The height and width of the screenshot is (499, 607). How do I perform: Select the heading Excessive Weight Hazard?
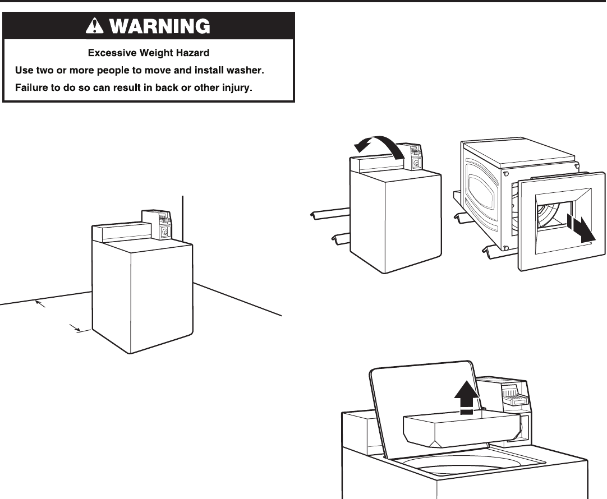tap(149, 53)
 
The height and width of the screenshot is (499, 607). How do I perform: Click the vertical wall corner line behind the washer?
tap(183, 216)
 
